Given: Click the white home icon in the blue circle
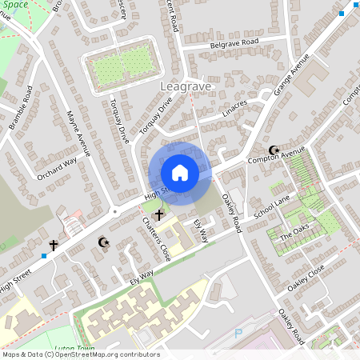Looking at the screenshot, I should point(180,173).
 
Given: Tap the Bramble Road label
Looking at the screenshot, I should point(20,107).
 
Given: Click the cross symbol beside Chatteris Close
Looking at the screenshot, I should point(159,214).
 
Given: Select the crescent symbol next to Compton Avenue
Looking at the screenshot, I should point(274,150).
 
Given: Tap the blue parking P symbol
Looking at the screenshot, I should point(238,334).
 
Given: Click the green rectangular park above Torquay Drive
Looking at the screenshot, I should point(121,65).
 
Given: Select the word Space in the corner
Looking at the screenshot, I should point(16,4).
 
